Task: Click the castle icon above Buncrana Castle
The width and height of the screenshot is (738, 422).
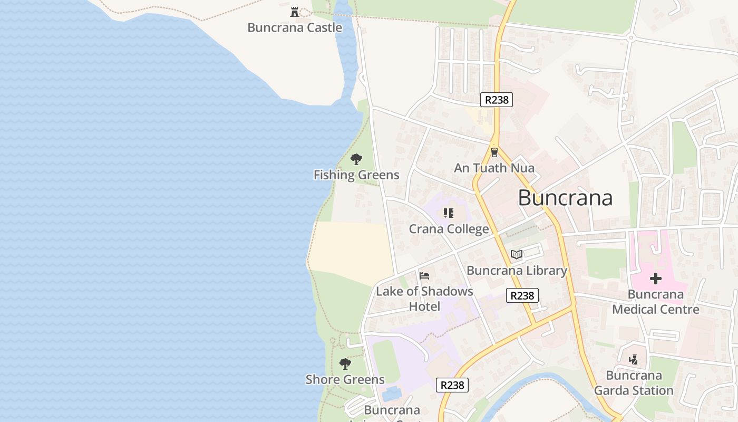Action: (x=295, y=12)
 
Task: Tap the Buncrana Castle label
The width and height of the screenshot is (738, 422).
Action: (x=295, y=28)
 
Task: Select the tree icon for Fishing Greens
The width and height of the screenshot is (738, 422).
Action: (x=356, y=159)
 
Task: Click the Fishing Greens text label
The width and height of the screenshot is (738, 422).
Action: (x=356, y=175)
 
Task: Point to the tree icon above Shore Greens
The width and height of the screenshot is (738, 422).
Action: (x=345, y=363)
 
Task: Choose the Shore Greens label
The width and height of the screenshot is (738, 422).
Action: (x=345, y=380)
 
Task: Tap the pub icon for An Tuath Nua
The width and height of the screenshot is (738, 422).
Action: (x=494, y=152)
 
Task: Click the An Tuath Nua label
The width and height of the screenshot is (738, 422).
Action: (x=494, y=168)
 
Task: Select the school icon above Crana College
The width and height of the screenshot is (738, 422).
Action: (x=449, y=213)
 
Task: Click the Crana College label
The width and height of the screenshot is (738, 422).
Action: (x=449, y=229)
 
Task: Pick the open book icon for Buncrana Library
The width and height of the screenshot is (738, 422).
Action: (x=517, y=255)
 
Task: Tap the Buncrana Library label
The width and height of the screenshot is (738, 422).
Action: (x=517, y=271)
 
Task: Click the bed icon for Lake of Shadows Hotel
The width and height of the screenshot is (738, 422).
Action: (x=424, y=275)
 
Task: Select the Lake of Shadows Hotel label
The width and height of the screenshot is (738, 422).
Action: (x=424, y=299)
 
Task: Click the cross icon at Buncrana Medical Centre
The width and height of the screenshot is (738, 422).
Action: (x=656, y=279)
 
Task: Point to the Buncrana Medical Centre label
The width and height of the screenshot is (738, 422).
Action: (x=656, y=302)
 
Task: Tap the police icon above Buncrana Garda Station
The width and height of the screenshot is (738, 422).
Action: (x=634, y=360)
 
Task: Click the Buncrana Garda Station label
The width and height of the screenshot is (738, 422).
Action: (x=634, y=383)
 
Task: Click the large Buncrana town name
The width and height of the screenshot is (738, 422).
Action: (x=565, y=198)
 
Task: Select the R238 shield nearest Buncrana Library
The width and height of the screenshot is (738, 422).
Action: (x=522, y=295)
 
